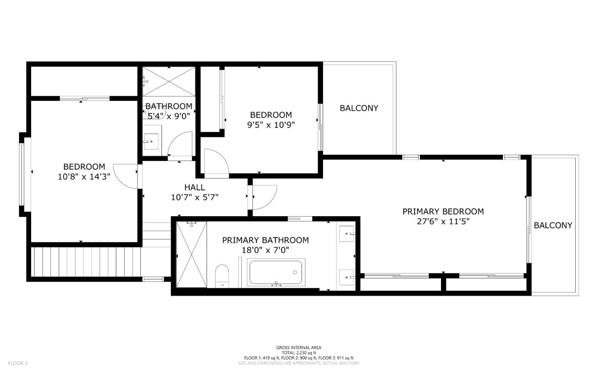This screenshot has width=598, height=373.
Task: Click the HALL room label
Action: coord(194,188)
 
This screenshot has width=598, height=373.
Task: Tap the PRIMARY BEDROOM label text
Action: coord(443,212)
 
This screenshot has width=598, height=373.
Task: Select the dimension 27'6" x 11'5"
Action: coord(443,222)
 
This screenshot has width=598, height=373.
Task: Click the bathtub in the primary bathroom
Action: coord(277,272)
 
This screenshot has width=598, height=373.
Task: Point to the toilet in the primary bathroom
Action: coord(222,275)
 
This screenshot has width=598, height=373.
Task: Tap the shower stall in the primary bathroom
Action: coord(191,254)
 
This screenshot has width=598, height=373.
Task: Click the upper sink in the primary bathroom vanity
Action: coord(346,234)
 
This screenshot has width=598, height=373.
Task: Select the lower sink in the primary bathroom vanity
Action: coord(346,278)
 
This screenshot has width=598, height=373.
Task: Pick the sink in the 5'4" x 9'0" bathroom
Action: coord(151,141)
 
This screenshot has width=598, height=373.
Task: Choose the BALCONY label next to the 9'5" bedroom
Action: coord(359,108)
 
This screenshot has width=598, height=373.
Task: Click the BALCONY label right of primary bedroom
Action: coord(553,225)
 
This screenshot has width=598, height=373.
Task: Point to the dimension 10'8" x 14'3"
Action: coord(84,177)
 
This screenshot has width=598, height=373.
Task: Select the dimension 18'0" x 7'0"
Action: coord(265,250)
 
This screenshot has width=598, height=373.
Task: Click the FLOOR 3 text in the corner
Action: coord(17,363)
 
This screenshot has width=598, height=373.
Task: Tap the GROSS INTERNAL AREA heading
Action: coord(299,348)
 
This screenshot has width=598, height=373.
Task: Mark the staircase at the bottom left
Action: coord(87,262)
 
